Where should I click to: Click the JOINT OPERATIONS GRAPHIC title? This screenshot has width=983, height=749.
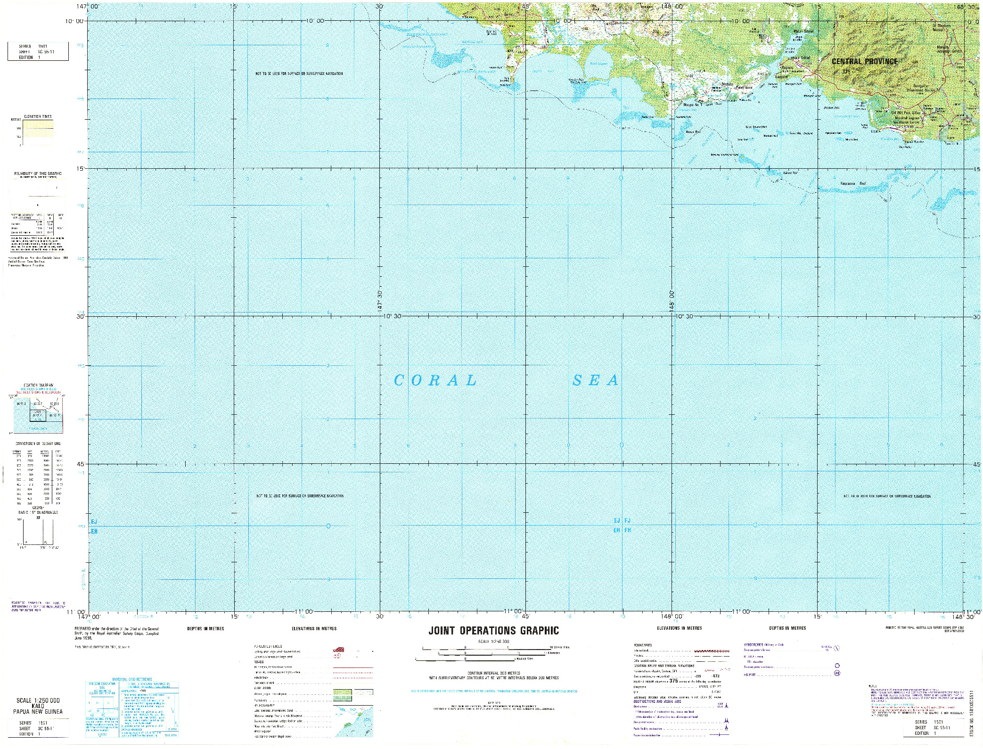[493, 631]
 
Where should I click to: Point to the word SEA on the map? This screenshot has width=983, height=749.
[596, 381]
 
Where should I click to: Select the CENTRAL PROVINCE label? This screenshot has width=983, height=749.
[864, 61]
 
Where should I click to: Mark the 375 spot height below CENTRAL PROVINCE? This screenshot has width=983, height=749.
[846, 72]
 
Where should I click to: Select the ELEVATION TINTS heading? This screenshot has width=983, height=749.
[38, 116]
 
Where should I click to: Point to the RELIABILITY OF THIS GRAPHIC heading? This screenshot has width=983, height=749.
[38, 173]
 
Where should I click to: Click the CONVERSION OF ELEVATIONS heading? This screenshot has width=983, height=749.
[38, 444]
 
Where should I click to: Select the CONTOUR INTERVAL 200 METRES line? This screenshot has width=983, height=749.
[493, 673]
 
